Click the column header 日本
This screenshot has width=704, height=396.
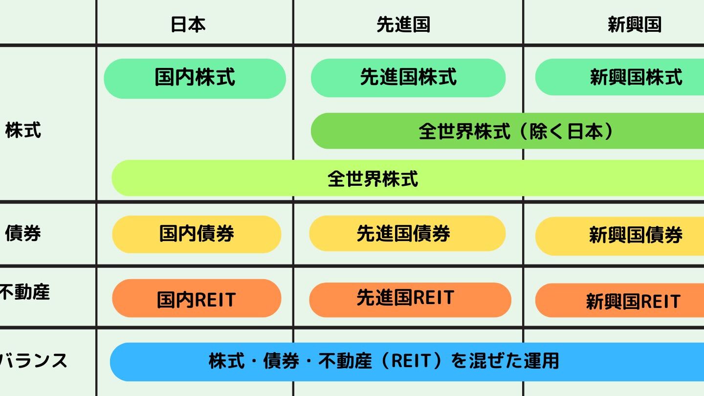[188, 24]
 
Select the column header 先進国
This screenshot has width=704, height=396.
[403, 24]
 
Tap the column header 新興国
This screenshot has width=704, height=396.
[635, 24]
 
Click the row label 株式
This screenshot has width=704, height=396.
[23, 130]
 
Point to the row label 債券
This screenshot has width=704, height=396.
[23, 234]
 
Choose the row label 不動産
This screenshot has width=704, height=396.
[24, 292]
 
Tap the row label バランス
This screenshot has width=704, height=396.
[33, 360]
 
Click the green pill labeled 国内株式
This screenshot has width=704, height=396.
[195, 79]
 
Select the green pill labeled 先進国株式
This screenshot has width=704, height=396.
[408, 78]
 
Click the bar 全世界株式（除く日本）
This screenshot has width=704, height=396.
[507, 131]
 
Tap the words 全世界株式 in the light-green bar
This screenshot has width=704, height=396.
[373, 179]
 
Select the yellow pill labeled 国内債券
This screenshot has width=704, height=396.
[197, 234]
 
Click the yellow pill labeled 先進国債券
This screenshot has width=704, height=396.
[407, 233]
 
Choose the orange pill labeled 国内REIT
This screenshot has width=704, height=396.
[197, 298]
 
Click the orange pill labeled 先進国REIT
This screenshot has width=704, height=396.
[410, 300]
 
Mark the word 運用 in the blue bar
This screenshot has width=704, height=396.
[542, 360]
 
